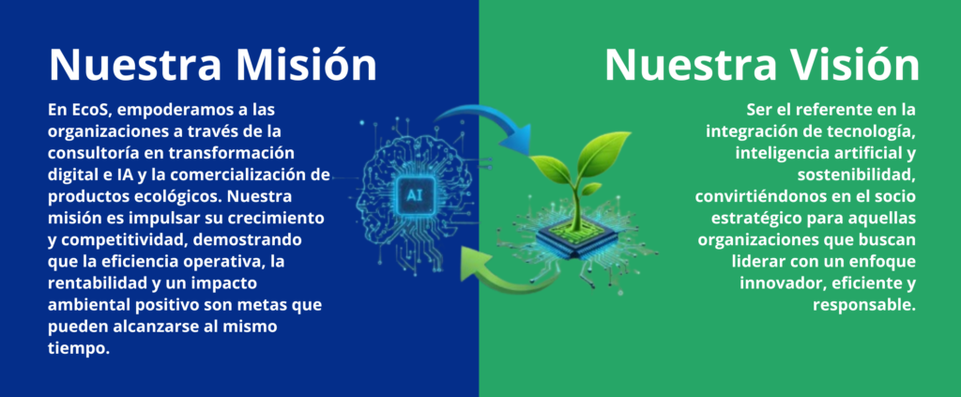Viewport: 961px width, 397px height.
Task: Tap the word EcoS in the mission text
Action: pos(91,111)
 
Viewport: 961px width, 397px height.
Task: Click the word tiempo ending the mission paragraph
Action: pos(77,348)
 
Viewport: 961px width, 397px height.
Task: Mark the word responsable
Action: pos(863,305)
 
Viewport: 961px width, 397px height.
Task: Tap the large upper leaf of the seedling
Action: pos(603,153)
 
